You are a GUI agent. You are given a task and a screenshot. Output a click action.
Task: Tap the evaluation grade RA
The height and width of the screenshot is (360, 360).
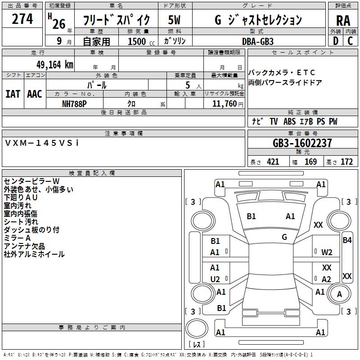coord(343,20)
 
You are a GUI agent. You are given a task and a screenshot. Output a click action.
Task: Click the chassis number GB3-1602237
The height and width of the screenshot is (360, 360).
coord(302,143)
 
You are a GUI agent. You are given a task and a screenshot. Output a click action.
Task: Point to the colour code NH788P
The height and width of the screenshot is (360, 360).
coord(74,103)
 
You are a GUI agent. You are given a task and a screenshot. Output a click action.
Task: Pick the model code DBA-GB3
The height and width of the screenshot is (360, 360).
coord(258,41)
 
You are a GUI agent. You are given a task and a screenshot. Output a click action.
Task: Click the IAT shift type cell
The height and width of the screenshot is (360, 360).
coord(13,94)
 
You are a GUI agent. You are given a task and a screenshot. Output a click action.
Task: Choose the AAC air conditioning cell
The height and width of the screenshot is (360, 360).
coord(35,94)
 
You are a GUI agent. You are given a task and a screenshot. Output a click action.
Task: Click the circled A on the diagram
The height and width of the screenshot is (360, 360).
coord(340,294)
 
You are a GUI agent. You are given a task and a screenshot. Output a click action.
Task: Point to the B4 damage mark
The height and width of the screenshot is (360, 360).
coord(347,240)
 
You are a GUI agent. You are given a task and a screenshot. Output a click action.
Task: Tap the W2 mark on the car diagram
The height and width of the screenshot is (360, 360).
coord(327,252)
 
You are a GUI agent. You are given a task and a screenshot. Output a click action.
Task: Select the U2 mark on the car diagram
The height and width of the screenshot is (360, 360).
coord(215,279)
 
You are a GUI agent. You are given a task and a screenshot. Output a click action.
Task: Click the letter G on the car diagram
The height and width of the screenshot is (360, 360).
coord(284,237)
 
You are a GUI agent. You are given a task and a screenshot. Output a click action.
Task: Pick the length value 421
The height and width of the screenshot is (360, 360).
coord(273,162)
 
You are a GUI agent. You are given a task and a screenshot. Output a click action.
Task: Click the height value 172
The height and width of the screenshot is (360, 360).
coord(346,162)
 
